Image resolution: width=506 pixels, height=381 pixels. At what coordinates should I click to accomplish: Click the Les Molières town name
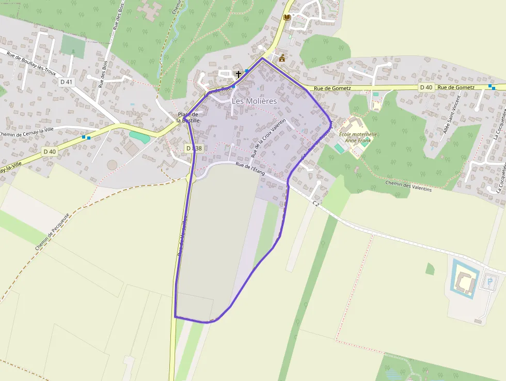pos(254,101)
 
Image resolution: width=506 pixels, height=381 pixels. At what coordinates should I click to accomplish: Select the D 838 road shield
pos(194,148)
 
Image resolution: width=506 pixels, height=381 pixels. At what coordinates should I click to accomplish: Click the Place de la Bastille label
pos(188,117)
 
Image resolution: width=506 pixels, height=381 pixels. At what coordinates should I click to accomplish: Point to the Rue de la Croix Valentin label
pos(268,138)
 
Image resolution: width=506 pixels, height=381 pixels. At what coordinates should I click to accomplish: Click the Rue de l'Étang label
pos(250,169)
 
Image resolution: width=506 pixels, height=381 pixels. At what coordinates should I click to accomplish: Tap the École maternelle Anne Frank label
pos(358,137)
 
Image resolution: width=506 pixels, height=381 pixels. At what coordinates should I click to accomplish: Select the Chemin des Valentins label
pos(408,186)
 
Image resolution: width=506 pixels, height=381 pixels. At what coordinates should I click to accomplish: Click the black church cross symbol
pos(238,74)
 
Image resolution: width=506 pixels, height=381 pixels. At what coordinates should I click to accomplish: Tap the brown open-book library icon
pos(287,18)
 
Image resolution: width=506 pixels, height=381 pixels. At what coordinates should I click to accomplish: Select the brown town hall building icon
pos(282,58)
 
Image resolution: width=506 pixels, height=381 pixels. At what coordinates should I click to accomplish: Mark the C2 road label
pos(316,204)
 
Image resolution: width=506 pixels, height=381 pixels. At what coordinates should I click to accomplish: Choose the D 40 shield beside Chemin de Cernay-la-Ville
pos(49,151)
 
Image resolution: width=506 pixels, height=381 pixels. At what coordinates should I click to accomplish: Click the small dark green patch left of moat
pos(430,269)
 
